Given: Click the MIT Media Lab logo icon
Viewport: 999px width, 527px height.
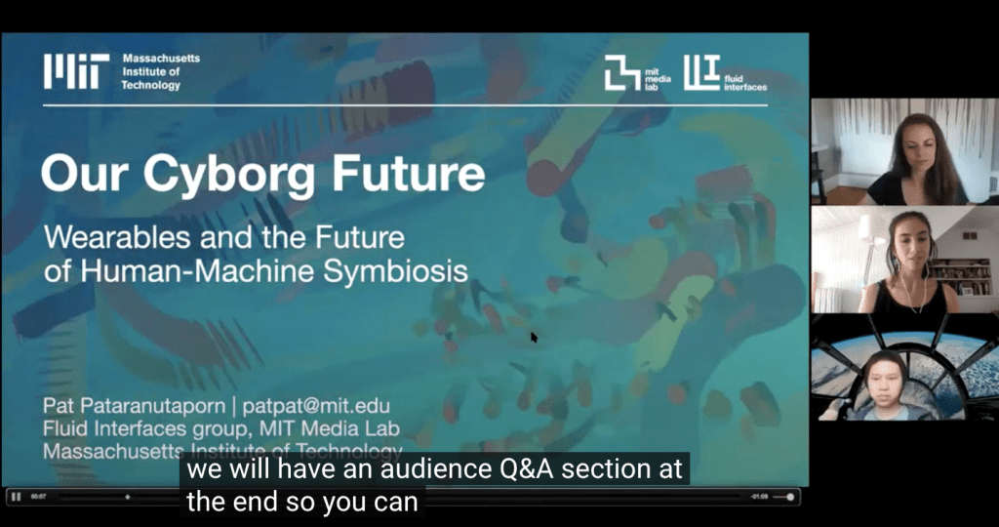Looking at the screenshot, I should tap(621, 72).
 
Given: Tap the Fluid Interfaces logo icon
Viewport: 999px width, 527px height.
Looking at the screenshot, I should tap(701, 70).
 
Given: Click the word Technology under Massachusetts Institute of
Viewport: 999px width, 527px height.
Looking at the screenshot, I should tap(151, 86).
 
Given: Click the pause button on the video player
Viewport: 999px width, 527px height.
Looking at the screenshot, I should tap(17, 497).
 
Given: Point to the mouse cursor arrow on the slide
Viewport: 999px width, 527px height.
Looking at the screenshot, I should tap(534, 337).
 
